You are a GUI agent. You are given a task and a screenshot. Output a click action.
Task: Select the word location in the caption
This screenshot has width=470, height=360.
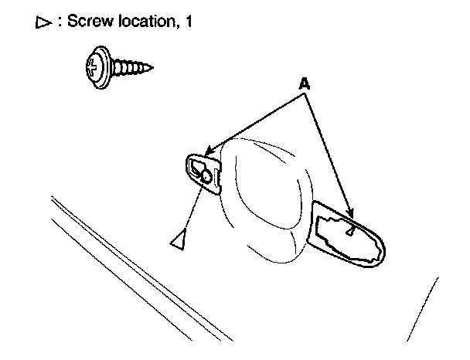145,22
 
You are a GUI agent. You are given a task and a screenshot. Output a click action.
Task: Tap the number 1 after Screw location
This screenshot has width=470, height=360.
188,22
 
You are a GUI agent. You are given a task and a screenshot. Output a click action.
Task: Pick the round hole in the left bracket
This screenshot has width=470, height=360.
206,177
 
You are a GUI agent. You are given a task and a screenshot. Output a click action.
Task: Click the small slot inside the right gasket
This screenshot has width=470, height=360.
352,230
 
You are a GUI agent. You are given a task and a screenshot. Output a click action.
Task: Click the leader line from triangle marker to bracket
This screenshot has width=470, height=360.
193,209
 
